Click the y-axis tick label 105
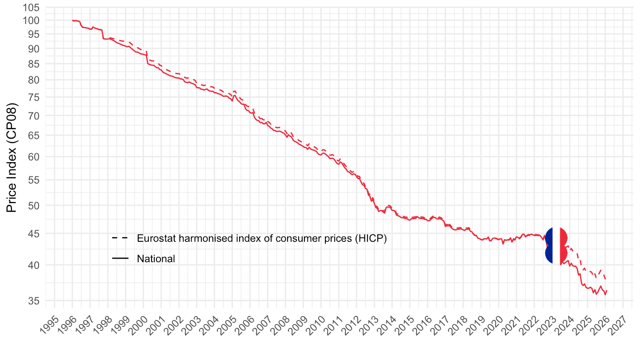[x=32, y=8]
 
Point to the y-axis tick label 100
[x=32, y=20]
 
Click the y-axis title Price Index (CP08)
[x=12, y=158]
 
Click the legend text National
[x=156, y=259]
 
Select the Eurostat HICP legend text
[x=262, y=238]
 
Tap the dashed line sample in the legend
[x=120, y=238]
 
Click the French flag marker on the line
[x=556, y=246]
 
